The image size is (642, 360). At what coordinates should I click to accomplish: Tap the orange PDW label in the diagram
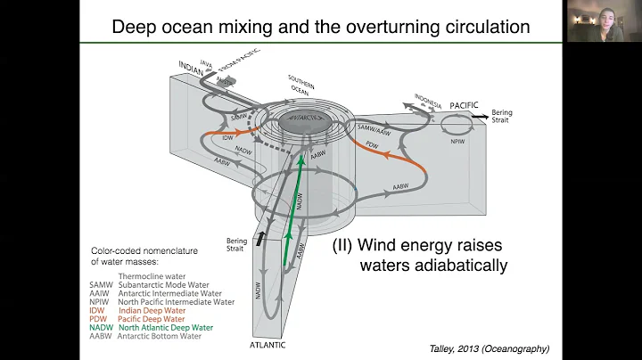pos(379,143)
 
